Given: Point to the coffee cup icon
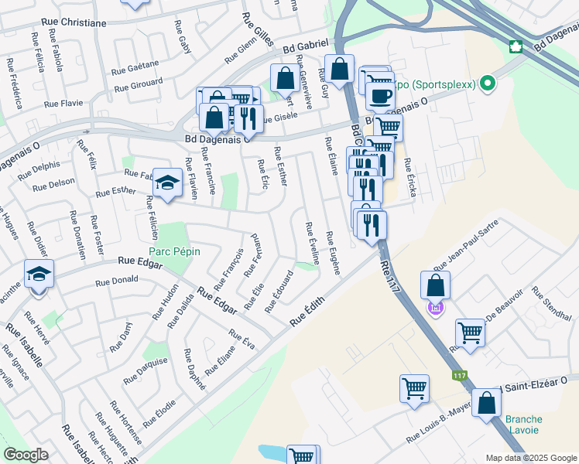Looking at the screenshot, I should click(x=379, y=96).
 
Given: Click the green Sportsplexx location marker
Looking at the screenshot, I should click(x=488, y=82).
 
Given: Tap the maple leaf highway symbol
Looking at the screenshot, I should click(x=513, y=46).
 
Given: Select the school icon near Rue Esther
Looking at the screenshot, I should click(x=166, y=183).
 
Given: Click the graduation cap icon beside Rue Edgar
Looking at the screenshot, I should click(x=38, y=274).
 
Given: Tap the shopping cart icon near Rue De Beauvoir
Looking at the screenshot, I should click(x=469, y=332).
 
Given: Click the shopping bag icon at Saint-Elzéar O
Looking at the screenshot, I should click(x=486, y=403).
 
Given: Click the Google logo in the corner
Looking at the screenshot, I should click(x=26, y=455).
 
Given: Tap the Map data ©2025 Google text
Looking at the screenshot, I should click(x=530, y=458).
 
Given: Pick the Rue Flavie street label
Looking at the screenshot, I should click(x=63, y=103).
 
